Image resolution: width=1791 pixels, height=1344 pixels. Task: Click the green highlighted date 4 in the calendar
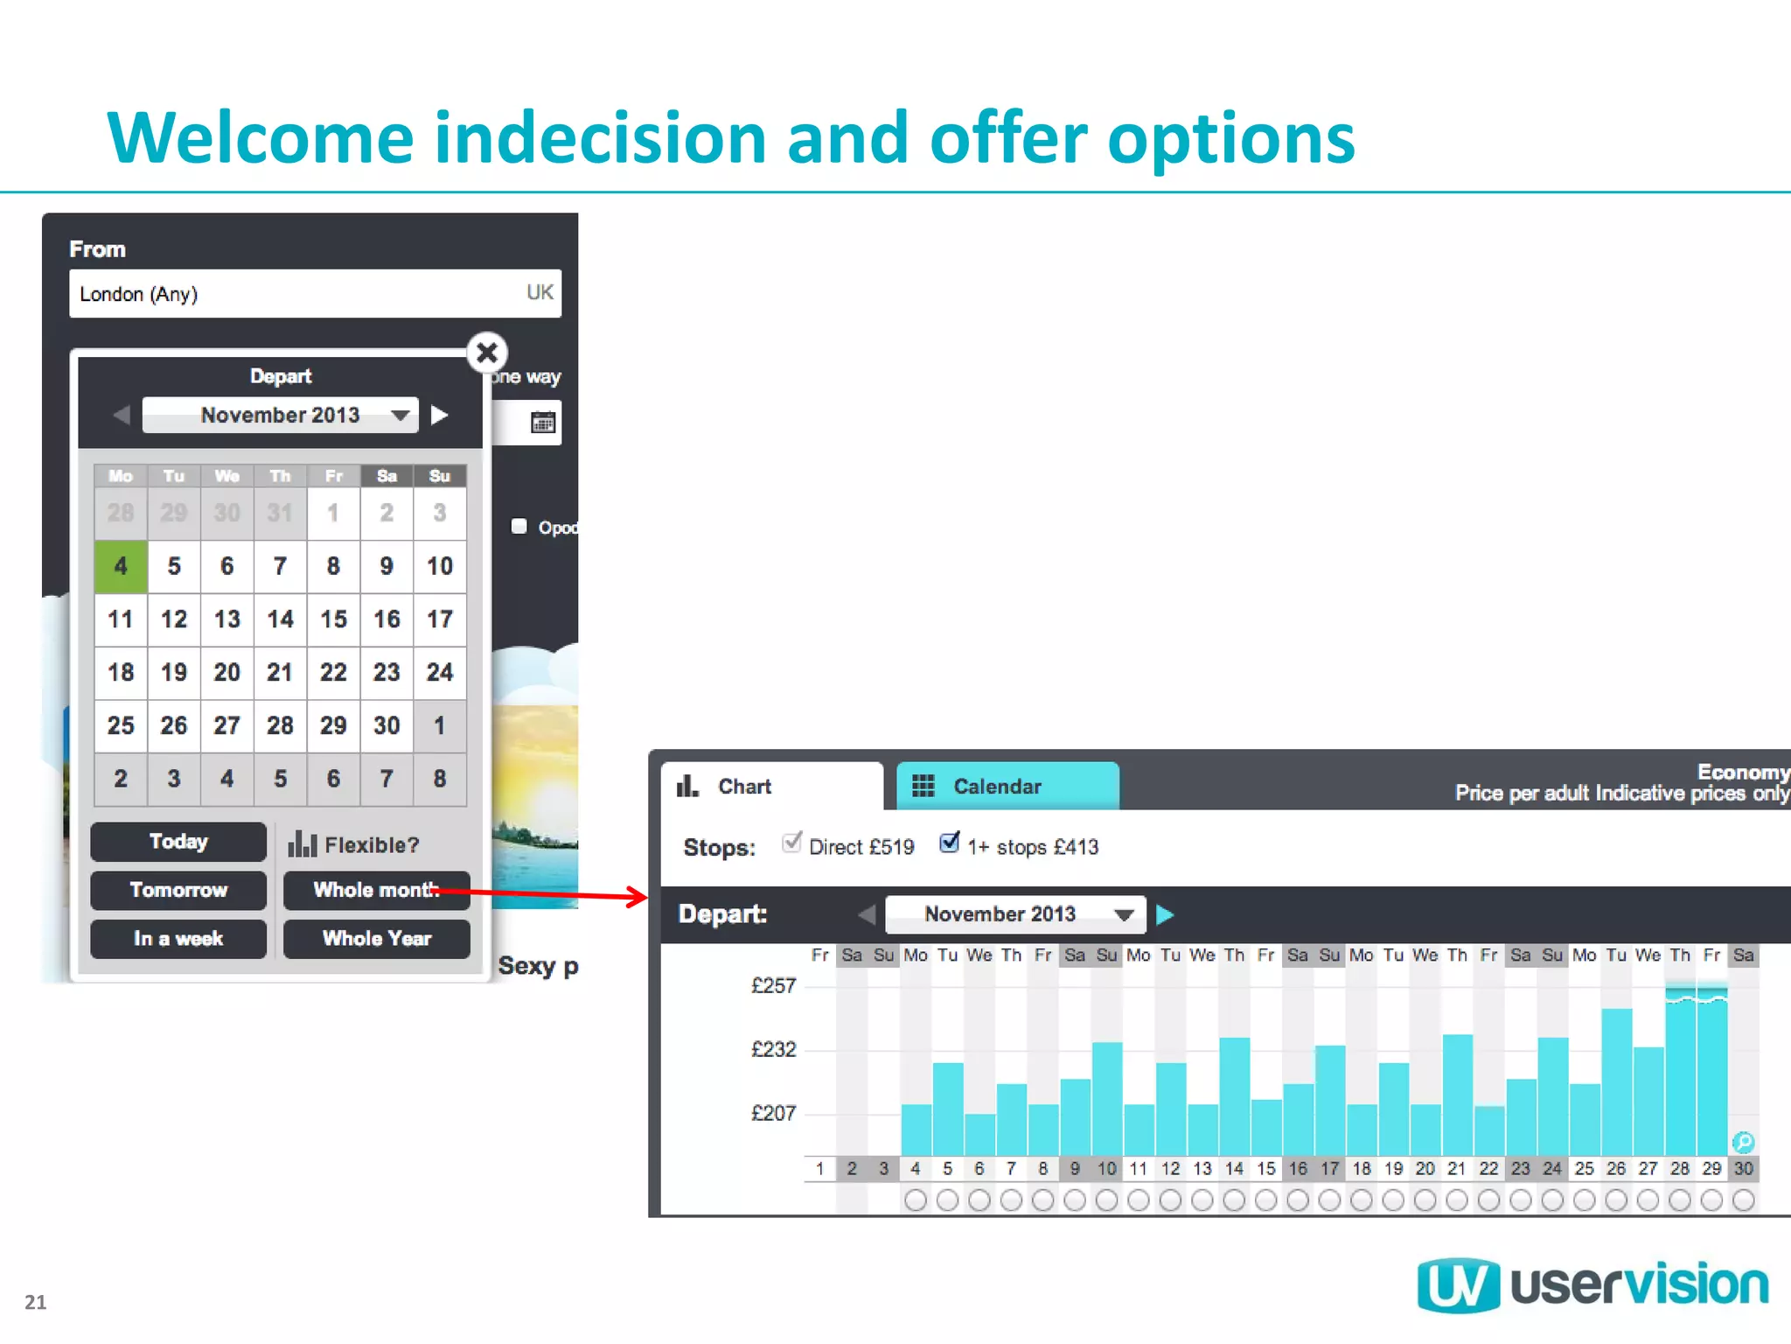121,566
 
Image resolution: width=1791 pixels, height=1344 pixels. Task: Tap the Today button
178,842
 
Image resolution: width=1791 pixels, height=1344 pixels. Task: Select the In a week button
178,939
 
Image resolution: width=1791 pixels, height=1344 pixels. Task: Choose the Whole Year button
376,939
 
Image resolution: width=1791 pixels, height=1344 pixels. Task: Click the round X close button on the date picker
487,353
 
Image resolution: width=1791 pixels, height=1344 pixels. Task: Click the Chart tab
743,787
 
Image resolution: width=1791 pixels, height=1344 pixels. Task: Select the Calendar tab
997,787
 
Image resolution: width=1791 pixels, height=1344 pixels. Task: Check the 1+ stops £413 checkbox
949,843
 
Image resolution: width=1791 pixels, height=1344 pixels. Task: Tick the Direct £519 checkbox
791,843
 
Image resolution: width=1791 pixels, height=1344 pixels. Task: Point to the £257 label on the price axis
773,986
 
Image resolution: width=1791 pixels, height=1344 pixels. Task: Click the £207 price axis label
773,1114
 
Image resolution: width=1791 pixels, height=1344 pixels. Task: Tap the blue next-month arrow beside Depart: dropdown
1165,915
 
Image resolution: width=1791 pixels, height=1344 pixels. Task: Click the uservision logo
1592,1285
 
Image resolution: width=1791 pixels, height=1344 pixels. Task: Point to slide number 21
35,1302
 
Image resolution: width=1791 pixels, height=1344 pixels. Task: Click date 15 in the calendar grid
333,619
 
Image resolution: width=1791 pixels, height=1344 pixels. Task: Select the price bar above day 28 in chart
1680,1076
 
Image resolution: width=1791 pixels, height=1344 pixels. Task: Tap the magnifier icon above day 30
1743,1142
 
